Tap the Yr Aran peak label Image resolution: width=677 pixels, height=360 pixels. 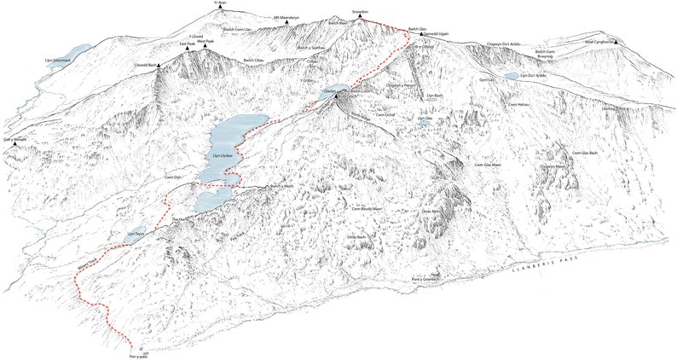221,3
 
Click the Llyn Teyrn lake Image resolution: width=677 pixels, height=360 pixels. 135,237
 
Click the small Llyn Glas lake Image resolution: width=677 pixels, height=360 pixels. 424,124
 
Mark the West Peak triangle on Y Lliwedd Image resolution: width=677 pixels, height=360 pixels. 203,50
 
